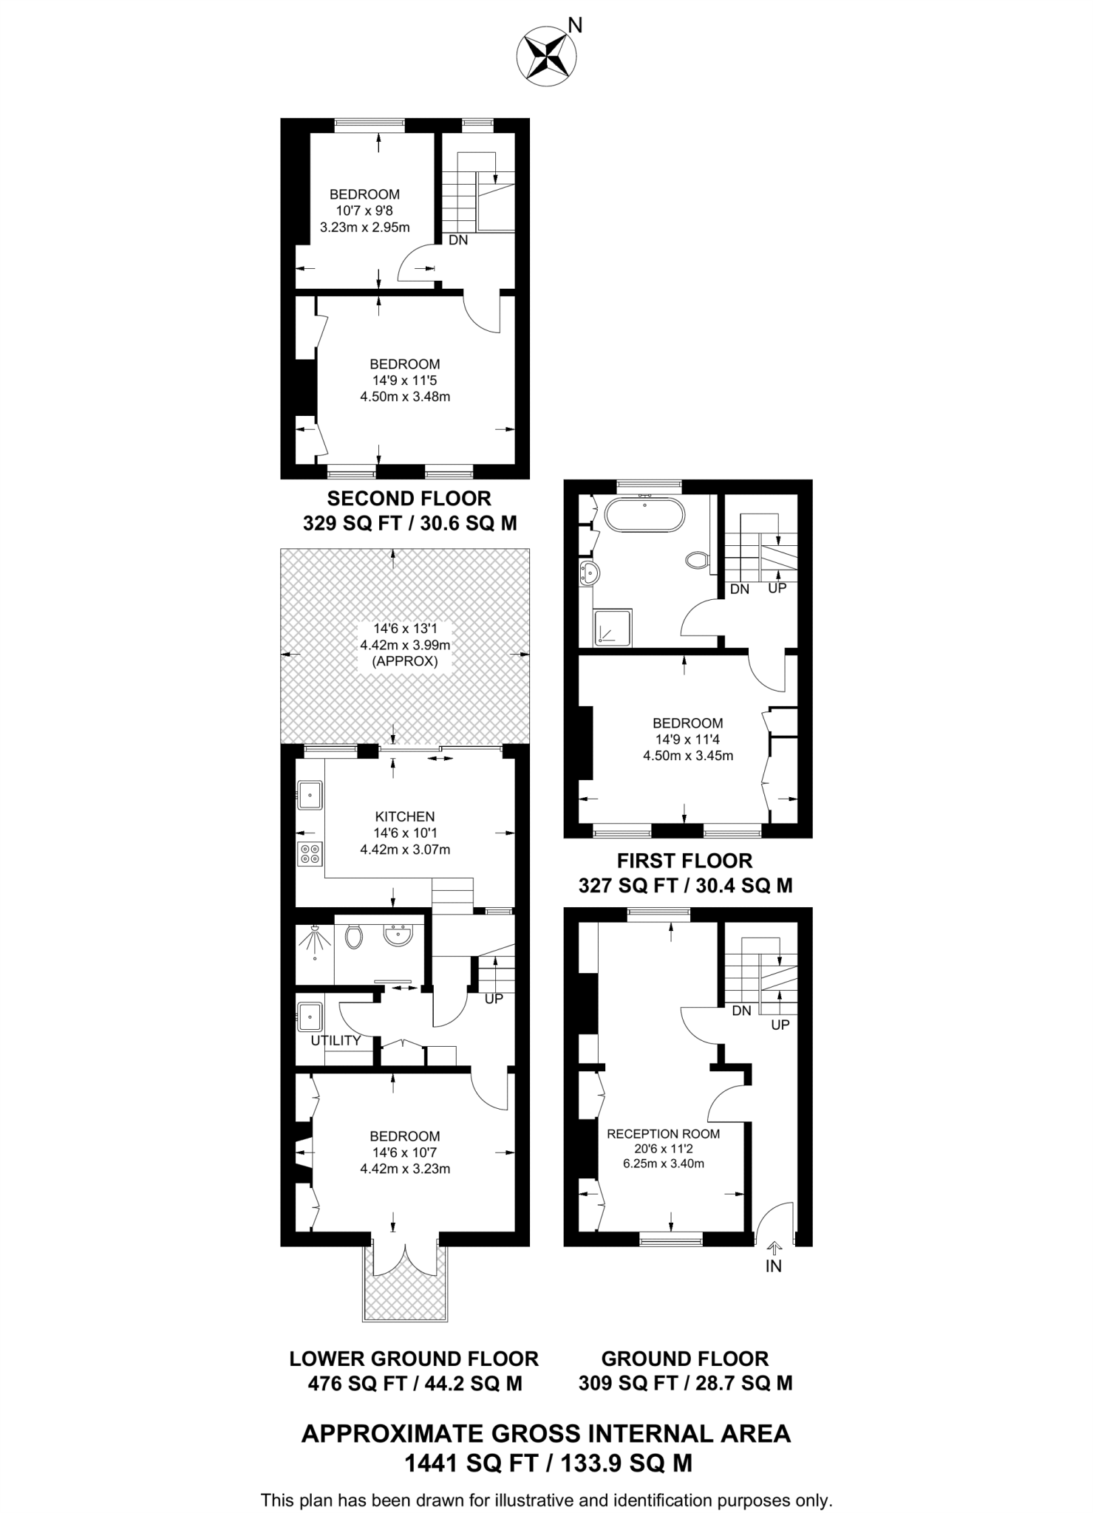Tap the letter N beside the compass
click(576, 27)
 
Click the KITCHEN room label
click(405, 816)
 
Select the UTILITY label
click(336, 1040)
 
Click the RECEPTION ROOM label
click(663, 1133)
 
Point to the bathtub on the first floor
click(644, 515)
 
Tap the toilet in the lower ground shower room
click(354, 937)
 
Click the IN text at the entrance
click(773, 1266)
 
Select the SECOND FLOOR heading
click(409, 499)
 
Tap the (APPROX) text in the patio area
click(405, 661)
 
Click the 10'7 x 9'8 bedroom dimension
click(364, 211)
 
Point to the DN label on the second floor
click(458, 240)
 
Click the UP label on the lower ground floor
click(494, 999)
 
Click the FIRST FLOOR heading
click(685, 861)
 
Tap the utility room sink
click(310, 1017)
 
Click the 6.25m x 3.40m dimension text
click(663, 1164)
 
